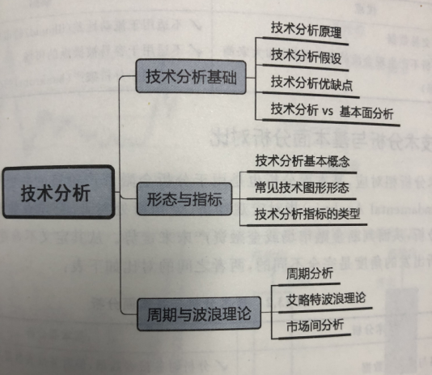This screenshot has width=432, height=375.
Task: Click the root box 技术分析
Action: pos(58,192)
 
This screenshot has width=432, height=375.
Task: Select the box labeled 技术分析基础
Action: pos(191,76)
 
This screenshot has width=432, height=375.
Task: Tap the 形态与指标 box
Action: pos(184,198)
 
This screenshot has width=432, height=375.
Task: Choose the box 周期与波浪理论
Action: pos(199,313)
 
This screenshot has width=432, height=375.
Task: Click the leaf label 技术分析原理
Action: pos(306,30)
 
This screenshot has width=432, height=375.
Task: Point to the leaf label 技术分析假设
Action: pos(306,57)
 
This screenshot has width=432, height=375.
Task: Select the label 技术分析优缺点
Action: pos(311,83)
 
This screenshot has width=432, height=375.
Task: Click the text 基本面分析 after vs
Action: pos(366,113)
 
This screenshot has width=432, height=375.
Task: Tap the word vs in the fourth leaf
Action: pos(327,111)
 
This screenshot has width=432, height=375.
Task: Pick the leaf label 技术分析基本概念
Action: pos(303,160)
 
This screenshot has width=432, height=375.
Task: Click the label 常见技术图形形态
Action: pos(302,188)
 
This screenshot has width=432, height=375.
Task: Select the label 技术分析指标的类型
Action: pos(307,214)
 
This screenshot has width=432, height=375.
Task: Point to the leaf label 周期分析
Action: pos(309,274)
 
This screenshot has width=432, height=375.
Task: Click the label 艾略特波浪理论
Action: pos(326,300)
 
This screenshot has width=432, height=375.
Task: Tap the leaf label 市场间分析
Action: pos(315,326)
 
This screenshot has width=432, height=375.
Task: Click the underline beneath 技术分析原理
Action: pos(305,40)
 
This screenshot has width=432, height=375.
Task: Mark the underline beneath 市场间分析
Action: pos(315,337)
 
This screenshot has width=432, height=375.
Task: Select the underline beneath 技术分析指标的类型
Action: pos(307,225)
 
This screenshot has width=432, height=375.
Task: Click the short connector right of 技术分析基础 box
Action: pos(251,78)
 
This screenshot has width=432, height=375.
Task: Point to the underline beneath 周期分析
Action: pos(309,284)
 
